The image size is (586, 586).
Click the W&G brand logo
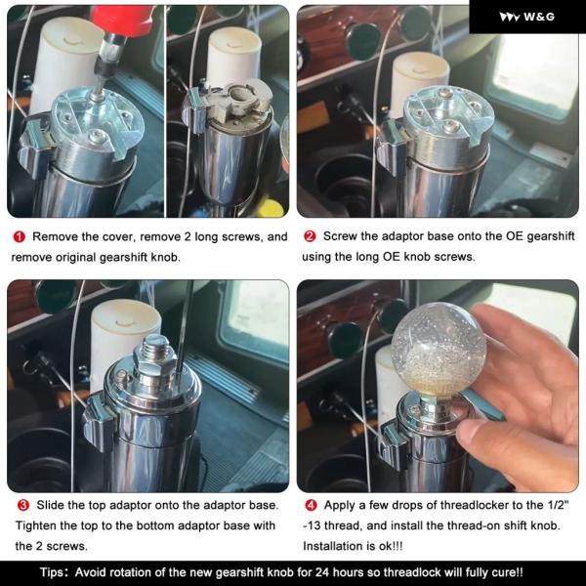coord(527,17)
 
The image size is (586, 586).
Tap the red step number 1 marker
coord(20,237)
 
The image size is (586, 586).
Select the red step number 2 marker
coord(310,236)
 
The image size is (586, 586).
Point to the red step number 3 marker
coord(23,505)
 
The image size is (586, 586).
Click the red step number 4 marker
coord(311,505)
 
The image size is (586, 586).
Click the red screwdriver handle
coord(123,20)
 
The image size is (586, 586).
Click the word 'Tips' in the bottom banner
coord(52,572)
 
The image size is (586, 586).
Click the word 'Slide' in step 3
coord(48,505)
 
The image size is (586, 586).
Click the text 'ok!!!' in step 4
coord(391,546)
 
